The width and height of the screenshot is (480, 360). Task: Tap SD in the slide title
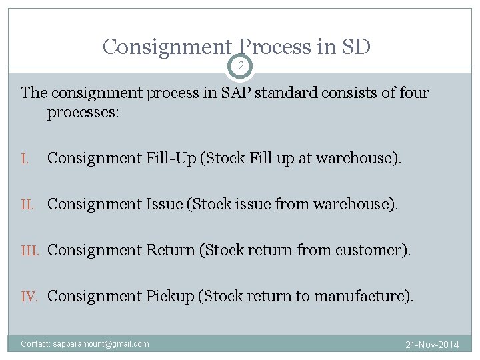pyautogui.click(x=356, y=47)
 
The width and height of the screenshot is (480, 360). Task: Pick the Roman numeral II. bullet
pyautogui.click(x=30, y=204)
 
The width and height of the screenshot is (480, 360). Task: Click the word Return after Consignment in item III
pyautogui.click(x=169, y=250)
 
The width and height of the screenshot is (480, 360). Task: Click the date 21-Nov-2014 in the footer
pyautogui.click(x=433, y=345)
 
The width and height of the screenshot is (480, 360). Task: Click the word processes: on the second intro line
pyautogui.click(x=83, y=112)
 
